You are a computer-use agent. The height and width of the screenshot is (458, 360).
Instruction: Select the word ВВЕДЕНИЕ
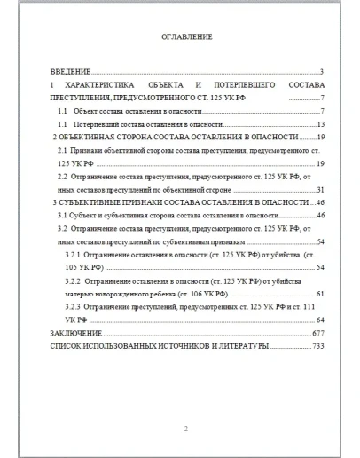[x=68, y=71]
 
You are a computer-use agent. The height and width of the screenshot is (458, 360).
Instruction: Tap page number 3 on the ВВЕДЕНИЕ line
[x=320, y=71]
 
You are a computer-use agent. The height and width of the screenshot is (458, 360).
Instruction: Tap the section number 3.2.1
[x=74, y=255]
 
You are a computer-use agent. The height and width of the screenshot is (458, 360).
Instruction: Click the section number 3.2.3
[x=74, y=307]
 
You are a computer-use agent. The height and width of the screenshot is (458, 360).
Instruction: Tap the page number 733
[x=319, y=347]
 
